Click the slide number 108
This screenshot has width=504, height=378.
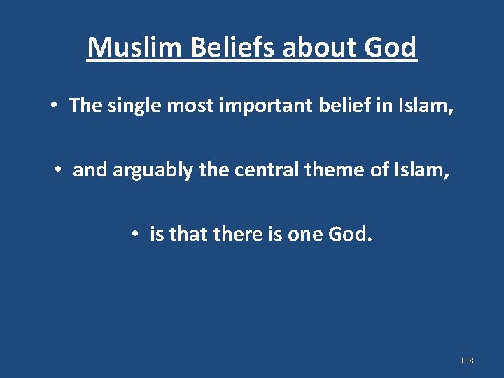pos(467,360)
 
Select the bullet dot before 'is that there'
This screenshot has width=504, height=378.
pos(134,234)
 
